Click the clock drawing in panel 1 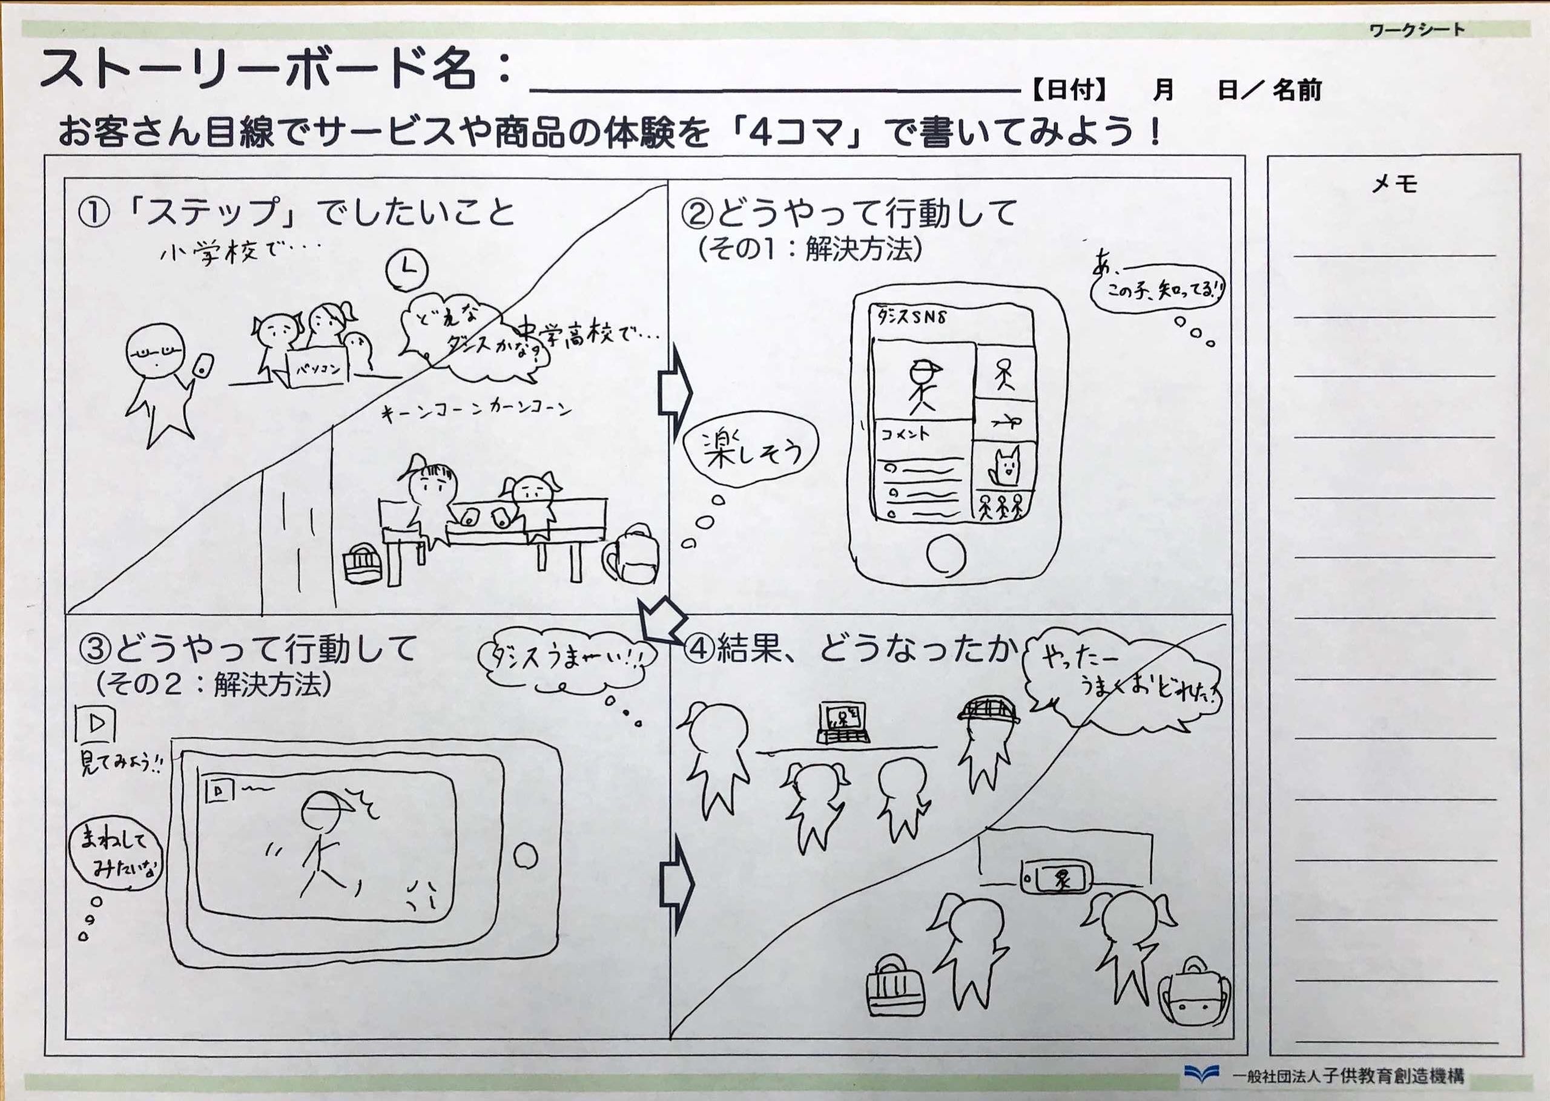click(407, 270)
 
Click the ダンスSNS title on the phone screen click(912, 317)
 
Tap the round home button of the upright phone click(946, 554)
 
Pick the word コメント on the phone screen click(905, 434)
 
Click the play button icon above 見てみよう click(96, 724)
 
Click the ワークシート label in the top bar click(1416, 30)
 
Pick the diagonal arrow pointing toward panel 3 click(662, 620)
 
